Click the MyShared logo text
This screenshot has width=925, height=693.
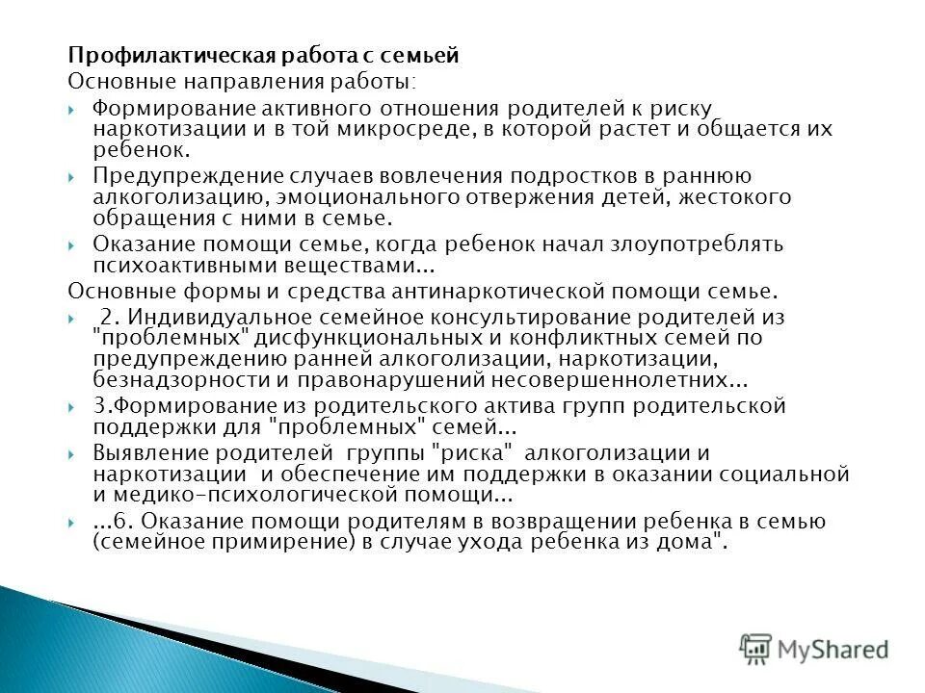[832, 647]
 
